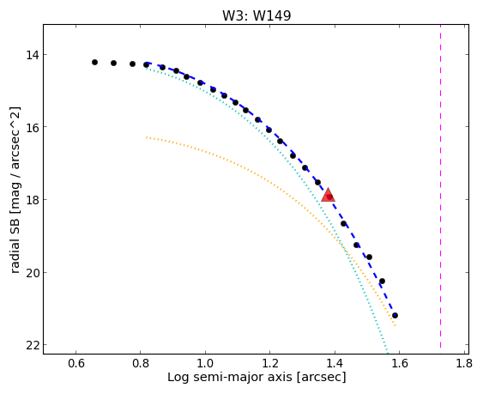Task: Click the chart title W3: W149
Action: (257, 15)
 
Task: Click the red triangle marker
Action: (328, 195)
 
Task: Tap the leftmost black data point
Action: (94, 63)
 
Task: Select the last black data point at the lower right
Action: (395, 315)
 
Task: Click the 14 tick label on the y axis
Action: (32, 55)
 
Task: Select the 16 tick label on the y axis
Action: (32, 127)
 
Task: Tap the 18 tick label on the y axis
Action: (32, 200)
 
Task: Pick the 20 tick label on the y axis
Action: (32, 273)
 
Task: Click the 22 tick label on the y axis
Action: (32, 345)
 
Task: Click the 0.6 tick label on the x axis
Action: (76, 364)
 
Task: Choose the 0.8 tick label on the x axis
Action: (141, 364)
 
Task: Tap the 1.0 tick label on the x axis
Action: (205, 364)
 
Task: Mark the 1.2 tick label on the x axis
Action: (270, 364)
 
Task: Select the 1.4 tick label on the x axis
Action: (335, 364)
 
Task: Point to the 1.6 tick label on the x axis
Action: (400, 364)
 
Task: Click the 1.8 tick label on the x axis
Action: (464, 364)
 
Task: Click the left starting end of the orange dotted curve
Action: (147, 137)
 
